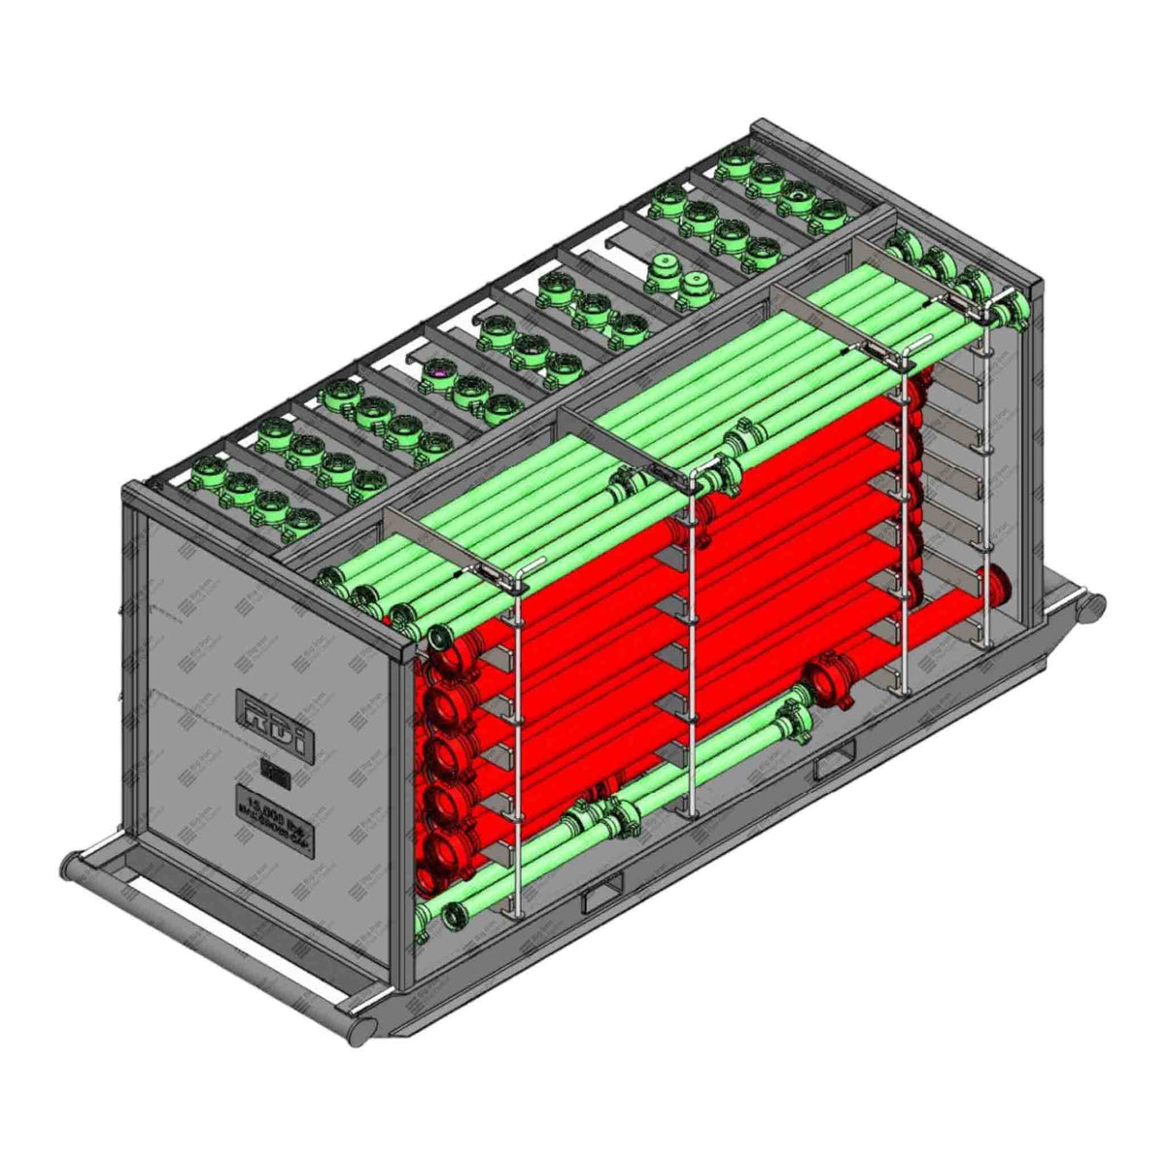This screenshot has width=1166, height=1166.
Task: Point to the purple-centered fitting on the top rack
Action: tap(438, 370)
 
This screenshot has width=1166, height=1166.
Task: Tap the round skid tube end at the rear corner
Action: tap(1095, 605)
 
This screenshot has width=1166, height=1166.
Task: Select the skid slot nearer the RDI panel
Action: tap(602, 898)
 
